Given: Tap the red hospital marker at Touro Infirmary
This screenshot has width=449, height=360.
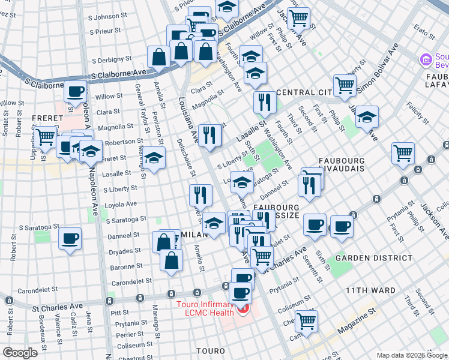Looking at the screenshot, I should click(244, 310).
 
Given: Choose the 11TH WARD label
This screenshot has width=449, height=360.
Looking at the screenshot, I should click(370, 290).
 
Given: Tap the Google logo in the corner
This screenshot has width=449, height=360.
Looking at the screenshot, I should click(20, 352).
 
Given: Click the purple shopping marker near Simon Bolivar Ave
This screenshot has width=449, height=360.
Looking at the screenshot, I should click(426, 59).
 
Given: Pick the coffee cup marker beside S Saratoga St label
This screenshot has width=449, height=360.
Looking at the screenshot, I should click(70, 238).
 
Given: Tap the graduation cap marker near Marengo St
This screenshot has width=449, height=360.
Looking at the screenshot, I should click(154, 158).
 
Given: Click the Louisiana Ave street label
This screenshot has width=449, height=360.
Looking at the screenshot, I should click(188, 120).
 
